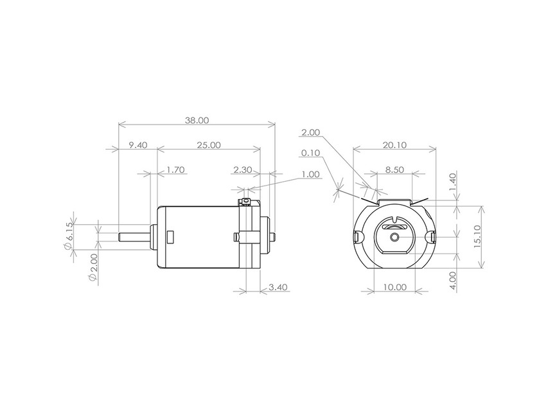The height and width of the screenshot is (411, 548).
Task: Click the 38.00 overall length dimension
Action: click(x=197, y=120)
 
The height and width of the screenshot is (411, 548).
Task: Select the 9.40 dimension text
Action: click(x=138, y=145)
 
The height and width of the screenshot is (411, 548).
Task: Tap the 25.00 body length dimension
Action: click(x=209, y=145)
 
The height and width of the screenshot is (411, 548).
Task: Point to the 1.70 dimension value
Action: click(x=175, y=170)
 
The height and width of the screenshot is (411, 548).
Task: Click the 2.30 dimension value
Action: click(x=242, y=170)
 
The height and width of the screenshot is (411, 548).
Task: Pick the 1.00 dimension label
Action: click(x=310, y=174)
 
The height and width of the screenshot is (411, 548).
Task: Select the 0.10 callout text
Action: click(x=310, y=153)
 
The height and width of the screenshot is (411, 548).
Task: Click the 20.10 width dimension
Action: click(x=394, y=145)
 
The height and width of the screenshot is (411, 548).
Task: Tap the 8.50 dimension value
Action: click(x=394, y=170)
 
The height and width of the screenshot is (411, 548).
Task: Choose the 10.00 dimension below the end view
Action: click(x=394, y=287)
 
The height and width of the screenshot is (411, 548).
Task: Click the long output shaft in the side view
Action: click(x=134, y=236)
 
